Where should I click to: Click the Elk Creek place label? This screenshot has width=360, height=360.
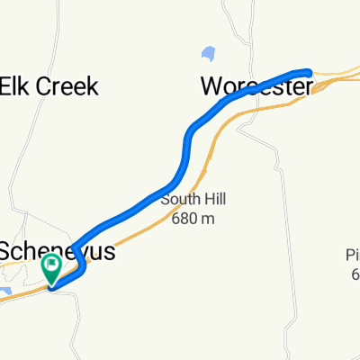[x=49, y=87]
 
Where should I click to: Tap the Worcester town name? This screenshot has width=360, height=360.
[x=256, y=87]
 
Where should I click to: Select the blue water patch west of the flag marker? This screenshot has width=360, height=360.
[x=7, y=292]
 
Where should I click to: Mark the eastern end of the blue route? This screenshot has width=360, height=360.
[x=308, y=71]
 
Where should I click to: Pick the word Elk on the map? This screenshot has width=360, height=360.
[x=15, y=87]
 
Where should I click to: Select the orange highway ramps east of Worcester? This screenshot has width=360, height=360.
[x=333, y=84]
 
